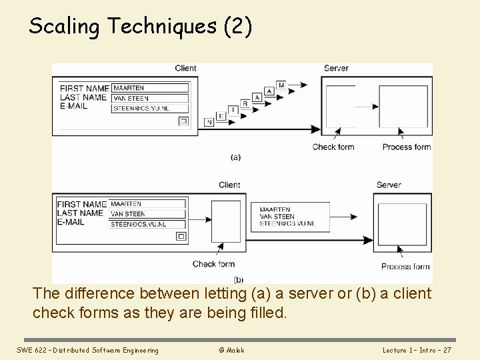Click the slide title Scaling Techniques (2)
pyautogui.click(x=141, y=26)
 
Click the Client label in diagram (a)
pyautogui.click(x=185, y=68)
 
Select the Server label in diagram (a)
pyautogui.click(x=336, y=68)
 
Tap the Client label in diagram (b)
pyautogui.click(x=229, y=185)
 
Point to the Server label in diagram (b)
pyautogui.click(x=389, y=185)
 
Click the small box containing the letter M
pyautogui.click(x=281, y=85)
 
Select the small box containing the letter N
pyautogui.click(x=210, y=122)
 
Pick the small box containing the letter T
pyautogui.click(x=233, y=109)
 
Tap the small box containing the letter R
pyautogui.click(x=245, y=103)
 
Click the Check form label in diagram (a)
pyautogui.click(x=333, y=147)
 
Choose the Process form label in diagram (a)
pyautogui.click(x=407, y=147)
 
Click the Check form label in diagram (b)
pyautogui.click(x=213, y=264)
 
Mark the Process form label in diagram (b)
pyautogui.click(x=405, y=267)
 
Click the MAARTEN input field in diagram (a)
pyautogui.click(x=150, y=88)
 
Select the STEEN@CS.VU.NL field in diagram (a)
pyautogui.click(x=150, y=107)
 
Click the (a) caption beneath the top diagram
pyautogui.click(x=235, y=157)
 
